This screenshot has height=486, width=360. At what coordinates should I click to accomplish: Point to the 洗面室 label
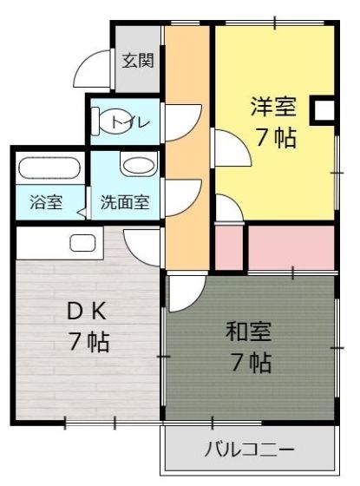pos(125,203)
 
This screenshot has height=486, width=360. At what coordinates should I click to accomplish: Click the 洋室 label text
pos(273,108)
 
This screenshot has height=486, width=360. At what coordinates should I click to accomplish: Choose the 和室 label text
pos(249,332)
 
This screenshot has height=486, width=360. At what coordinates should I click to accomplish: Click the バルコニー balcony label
pos(249,450)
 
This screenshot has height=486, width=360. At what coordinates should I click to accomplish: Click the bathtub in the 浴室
pos(49,168)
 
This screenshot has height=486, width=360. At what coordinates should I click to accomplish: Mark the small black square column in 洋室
pos(323,109)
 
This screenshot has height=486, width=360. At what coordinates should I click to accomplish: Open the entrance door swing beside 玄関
pos(95,69)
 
